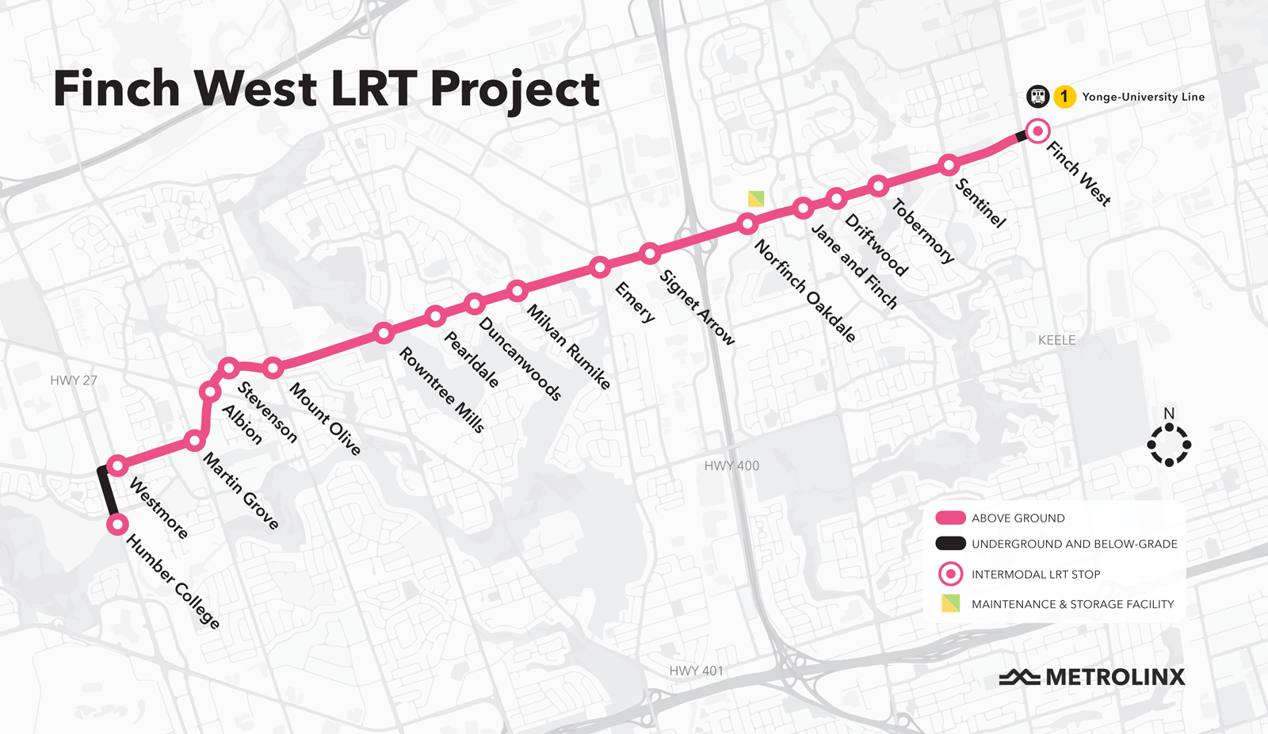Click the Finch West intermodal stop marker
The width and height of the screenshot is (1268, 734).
(1037, 131)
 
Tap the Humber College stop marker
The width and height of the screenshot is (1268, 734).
(117, 524)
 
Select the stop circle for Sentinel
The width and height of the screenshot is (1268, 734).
(949, 165)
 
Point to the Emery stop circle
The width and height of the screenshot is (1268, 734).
(600, 267)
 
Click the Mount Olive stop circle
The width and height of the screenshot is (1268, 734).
(273, 368)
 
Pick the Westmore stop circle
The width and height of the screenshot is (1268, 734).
(117, 465)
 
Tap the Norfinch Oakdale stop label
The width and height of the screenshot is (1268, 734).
(804, 291)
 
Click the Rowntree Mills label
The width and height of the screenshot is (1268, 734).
(441, 389)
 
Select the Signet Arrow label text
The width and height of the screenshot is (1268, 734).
(697, 308)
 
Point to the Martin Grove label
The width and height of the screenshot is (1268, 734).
(241, 491)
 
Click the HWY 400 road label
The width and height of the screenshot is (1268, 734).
(731, 466)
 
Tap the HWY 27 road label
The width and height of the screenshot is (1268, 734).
(74, 380)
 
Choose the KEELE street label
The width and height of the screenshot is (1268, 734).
(1057, 340)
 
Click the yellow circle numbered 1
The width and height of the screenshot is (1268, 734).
(1064, 97)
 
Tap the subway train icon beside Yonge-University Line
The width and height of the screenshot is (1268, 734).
(1038, 97)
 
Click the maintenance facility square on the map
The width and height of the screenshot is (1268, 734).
(756, 198)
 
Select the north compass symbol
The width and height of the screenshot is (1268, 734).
(1169, 444)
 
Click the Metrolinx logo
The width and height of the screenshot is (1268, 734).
(1092, 677)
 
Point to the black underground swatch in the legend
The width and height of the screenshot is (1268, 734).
(950, 544)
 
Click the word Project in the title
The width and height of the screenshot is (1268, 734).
(515, 89)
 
